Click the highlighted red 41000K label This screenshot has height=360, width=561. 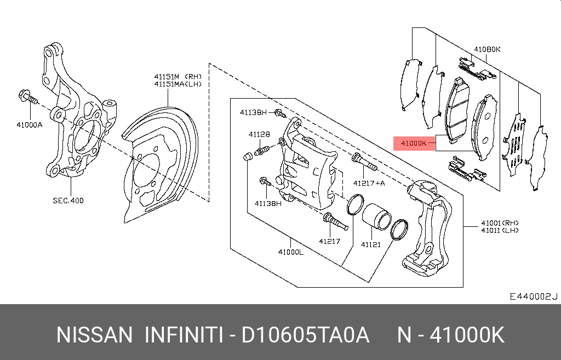pos(414,144)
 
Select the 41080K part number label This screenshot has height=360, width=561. pos(487,49)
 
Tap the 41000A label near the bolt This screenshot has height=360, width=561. pos(30,124)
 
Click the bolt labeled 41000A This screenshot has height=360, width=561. pos(27,99)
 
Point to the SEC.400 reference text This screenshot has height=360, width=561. pos(68,201)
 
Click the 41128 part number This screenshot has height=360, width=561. pos(259,134)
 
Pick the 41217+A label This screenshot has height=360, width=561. pos(369,183)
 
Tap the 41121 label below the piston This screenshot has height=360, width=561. pos(370,244)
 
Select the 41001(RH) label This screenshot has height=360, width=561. pos(500,223)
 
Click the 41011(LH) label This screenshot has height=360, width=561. pos(500,231)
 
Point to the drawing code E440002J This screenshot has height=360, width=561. pos(533,296)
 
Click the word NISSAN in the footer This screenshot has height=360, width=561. pos(94,335)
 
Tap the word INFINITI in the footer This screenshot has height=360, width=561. pos(184,335)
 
